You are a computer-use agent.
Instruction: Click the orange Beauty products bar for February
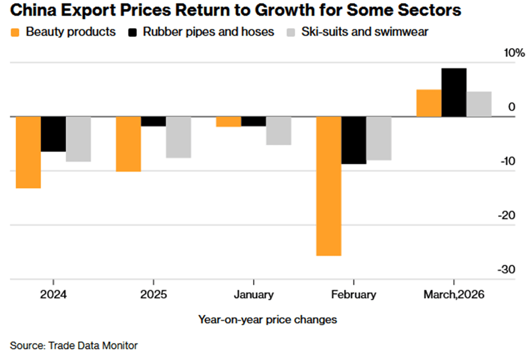(329, 186)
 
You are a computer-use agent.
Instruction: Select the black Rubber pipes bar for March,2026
(454, 93)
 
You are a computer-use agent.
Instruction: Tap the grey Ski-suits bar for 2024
(78, 139)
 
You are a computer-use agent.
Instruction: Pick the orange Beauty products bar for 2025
(128, 144)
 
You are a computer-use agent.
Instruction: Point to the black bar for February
(354, 140)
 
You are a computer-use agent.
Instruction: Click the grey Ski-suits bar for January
(278, 131)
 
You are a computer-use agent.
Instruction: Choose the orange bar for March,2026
(428, 103)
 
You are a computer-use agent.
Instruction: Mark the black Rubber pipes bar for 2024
(53, 134)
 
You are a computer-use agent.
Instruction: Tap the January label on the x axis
(253, 295)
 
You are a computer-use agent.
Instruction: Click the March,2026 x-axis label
(454, 295)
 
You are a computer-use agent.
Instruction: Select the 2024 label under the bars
(53, 295)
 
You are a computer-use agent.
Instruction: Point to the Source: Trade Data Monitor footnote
(73, 345)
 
